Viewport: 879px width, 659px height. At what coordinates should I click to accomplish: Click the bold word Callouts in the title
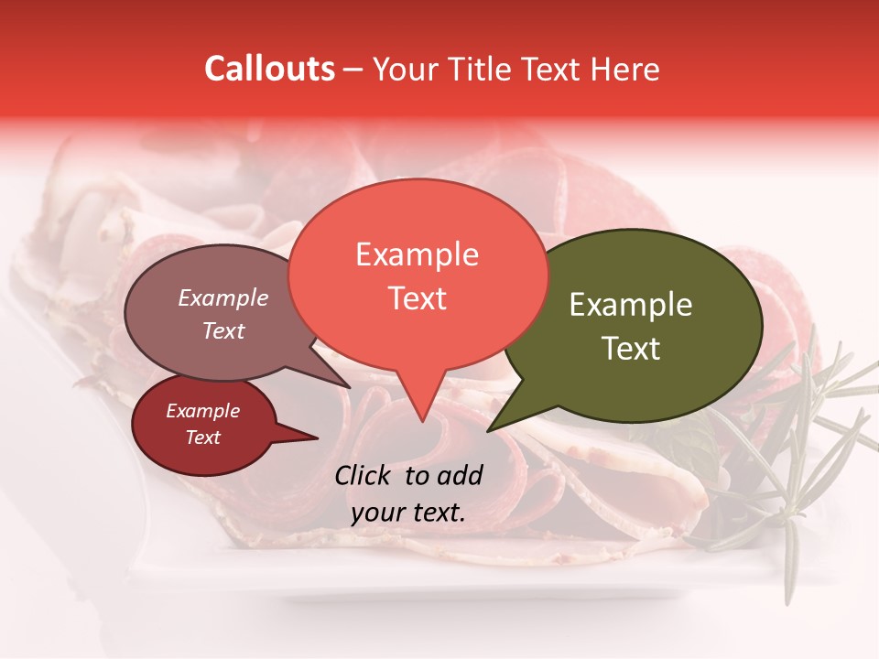pyautogui.click(x=269, y=69)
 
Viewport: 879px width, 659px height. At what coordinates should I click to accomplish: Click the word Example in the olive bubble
pyautogui.click(x=631, y=306)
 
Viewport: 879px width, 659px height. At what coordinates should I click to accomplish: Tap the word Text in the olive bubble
pyautogui.click(x=631, y=349)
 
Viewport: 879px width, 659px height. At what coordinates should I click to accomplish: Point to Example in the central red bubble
pyautogui.click(x=417, y=254)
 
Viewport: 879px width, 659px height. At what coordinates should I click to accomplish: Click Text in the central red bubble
pyautogui.click(x=417, y=297)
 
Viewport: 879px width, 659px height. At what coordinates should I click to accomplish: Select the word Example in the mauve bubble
pyautogui.click(x=223, y=297)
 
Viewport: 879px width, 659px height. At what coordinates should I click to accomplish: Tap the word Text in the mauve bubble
pyautogui.click(x=223, y=330)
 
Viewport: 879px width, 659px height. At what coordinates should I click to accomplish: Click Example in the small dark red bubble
pyautogui.click(x=203, y=411)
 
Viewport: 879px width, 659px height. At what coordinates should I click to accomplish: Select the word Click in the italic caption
pyautogui.click(x=364, y=475)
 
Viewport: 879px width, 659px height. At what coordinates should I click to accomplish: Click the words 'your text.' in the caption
pyautogui.click(x=407, y=513)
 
